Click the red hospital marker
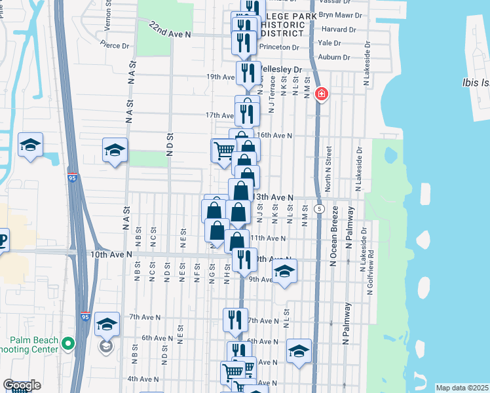coord(321,94)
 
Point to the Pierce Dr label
coord(115,45)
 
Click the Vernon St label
coord(108,12)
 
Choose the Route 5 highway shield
coord(319,208)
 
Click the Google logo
coord(22,385)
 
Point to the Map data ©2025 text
coord(462,388)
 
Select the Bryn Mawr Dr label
coord(338,13)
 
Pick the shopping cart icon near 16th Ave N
coord(223,151)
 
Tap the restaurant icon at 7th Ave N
coord(235,320)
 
